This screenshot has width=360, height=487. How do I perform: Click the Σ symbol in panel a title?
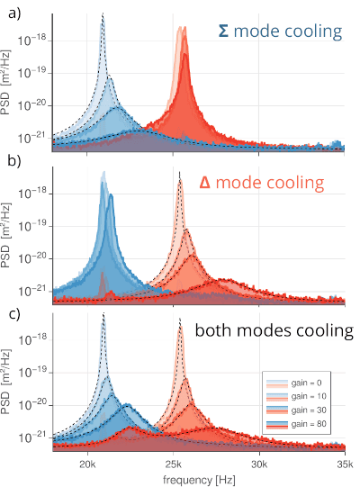click(223, 32)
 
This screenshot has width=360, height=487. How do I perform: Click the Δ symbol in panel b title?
click(204, 183)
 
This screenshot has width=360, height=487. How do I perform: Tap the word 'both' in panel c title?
click(214, 329)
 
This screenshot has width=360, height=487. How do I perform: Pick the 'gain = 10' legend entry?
click(296, 397)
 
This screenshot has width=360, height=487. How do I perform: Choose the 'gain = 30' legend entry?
click(296, 410)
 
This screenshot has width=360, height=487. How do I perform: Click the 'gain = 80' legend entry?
click(296, 424)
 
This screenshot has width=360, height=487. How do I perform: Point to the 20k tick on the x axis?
click(87, 465)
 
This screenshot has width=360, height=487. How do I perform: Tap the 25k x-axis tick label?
click(174, 465)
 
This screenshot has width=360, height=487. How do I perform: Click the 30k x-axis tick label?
click(259, 465)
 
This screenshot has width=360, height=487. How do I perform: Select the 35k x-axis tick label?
click(345, 465)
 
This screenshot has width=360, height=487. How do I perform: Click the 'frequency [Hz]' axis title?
click(199, 480)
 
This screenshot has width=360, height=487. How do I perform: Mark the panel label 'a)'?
click(14, 14)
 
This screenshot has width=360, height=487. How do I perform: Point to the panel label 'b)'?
click(14, 161)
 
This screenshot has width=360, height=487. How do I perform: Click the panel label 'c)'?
click(14, 314)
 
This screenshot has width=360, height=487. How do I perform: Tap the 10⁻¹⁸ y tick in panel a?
click(32, 40)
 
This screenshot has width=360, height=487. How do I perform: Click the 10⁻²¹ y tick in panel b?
click(32, 291)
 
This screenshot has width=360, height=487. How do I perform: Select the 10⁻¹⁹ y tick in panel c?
click(32, 372)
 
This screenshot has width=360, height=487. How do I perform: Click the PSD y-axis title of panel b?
click(6, 236)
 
